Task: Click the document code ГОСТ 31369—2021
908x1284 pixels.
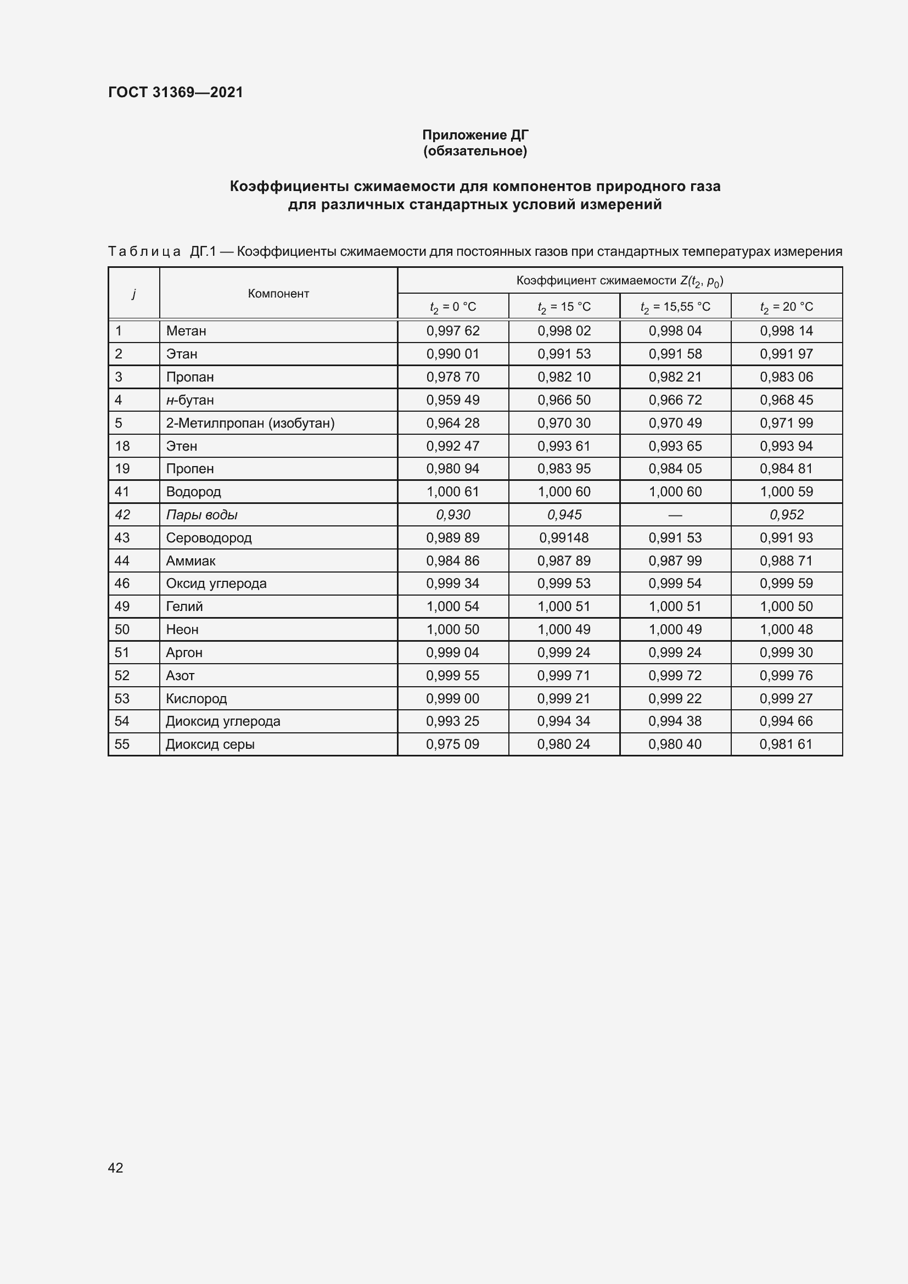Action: pos(176,92)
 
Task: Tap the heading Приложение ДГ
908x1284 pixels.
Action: pos(475,135)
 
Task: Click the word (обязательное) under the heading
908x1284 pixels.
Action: pos(475,151)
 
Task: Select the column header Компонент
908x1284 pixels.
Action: pos(278,294)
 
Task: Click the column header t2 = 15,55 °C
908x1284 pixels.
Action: pos(675,306)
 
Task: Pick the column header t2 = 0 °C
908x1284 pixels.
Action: pos(452,306)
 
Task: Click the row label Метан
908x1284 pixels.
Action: pos(186,331)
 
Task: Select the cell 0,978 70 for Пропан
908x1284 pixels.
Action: pos(452,377)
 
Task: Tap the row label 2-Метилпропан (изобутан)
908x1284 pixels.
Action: pos(250,423)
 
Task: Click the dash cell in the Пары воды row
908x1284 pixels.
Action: pos(675,514)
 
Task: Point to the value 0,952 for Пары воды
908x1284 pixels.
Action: pos(786,514)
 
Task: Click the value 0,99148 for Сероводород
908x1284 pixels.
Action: pos(564,537)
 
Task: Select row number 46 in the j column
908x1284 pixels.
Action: pos(122,584)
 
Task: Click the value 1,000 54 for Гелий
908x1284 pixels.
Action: pos(452,606)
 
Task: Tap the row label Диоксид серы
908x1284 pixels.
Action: pos(210,744)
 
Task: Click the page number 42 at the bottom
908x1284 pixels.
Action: pos(115,1167)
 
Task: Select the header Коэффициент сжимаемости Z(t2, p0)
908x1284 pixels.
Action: pos(619,281)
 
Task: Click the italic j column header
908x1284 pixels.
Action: pos(133,294)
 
